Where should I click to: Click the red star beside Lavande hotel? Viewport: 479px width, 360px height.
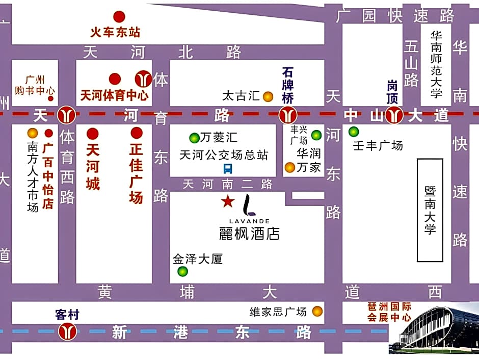click(x=227, y=201)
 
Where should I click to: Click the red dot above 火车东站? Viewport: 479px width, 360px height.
click(x=119, y=17)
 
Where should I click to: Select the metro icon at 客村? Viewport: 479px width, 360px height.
click(x=67, y=332)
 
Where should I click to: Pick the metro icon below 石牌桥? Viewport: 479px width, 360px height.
click(x=288, y=115)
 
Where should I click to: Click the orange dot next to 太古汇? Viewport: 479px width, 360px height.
click(x=268, y=96)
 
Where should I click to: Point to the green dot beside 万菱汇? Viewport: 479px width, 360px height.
click(x=194, y=138)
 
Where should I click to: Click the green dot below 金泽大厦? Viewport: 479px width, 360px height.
click(x=182, y=272)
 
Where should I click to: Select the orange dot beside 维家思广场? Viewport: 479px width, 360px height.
click(x=317, y=311)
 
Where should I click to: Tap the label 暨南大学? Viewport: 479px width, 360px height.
click(x=430, y=210)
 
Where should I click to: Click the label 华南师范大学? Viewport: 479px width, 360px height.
click(x=436, y=64)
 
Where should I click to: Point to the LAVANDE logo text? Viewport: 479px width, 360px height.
click(x=250, y=221)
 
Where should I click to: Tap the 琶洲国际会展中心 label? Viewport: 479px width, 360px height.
click(x=389, y=312)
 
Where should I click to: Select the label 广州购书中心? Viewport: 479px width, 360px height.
click(x=35, y=85)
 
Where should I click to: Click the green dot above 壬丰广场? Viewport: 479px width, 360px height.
click(x=354, y=132)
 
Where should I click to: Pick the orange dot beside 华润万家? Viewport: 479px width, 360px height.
click(x=290, y=167)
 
